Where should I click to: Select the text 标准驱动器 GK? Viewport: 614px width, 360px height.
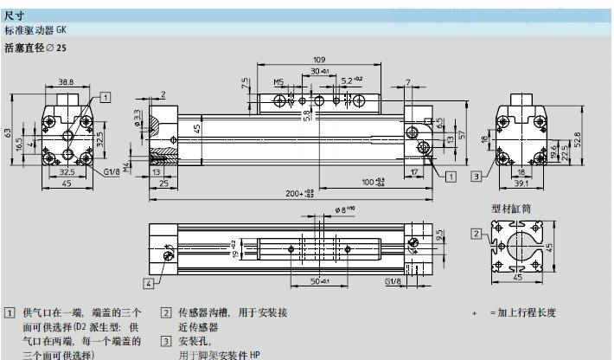35,29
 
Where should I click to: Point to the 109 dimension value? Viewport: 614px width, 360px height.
319,60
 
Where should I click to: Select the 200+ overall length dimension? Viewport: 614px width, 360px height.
299,193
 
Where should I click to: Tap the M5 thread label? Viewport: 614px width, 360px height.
278,82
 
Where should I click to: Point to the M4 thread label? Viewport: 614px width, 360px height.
126,165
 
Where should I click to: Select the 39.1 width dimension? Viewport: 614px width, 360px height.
521,182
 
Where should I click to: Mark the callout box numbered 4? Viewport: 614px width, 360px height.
149,283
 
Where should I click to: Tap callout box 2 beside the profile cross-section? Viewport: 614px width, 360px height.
476,234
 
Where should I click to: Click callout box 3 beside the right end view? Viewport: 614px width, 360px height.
476,177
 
